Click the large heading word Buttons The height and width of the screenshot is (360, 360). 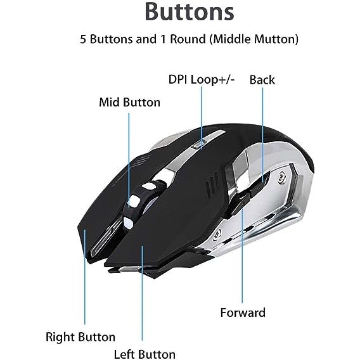coord(190,12)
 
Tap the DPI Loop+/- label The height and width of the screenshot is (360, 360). coord(202,79)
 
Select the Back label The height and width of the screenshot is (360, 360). coord(262,80)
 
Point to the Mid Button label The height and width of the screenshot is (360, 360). coord(129,102)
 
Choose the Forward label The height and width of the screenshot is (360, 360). coord(243,312)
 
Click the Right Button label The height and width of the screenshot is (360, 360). coord(80,337)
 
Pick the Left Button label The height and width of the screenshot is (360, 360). coord(145,354)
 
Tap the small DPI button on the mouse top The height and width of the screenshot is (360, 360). coord(198,145)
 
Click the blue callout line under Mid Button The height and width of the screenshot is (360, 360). coord(129,160)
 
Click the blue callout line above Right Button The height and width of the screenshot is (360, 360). coord(84,277)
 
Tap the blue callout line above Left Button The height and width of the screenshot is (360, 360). coord(142,293)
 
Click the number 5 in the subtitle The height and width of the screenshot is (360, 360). coord(83,39)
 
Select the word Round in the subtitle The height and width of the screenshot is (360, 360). coord(188,39)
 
